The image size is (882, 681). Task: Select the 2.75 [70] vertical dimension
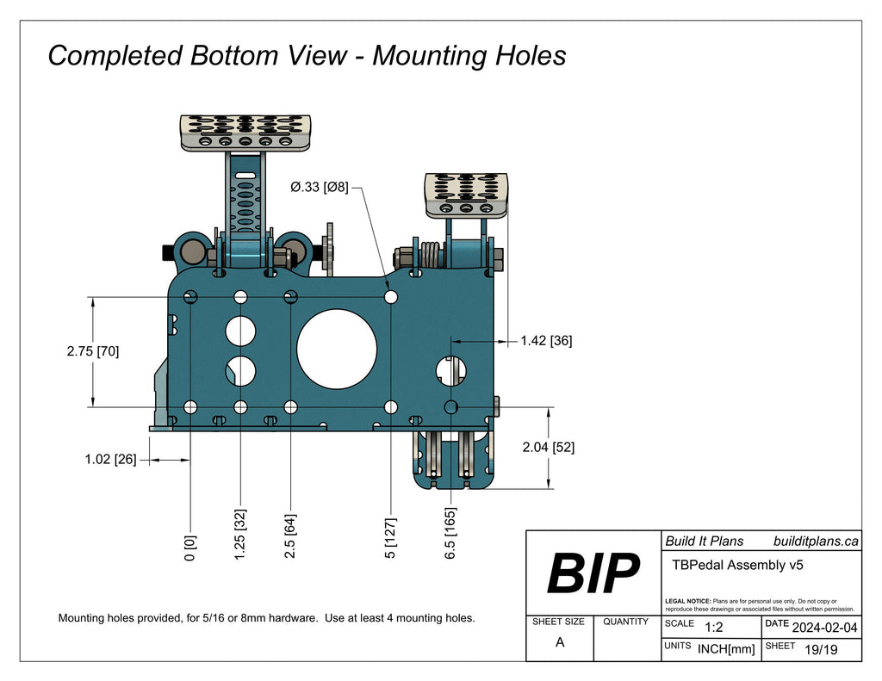pos(92,351)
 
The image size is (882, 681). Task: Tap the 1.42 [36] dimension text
pos(546,341)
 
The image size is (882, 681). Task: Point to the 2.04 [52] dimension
pos(549,448)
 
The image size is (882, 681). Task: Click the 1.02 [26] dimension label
pos(110,460)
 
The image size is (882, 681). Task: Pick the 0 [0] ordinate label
pos(190,548)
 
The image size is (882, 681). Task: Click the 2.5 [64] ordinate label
pos(291,538)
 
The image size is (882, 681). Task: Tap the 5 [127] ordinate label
pos(392,538)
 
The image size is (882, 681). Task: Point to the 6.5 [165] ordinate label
pos(450,536)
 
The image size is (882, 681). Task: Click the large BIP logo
pos(593,573)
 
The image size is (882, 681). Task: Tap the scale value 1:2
pos(713,627)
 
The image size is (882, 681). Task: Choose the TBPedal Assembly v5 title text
pos(736,566)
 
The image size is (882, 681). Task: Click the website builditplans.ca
pos(815,541)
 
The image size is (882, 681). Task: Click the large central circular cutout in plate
pos(337,347)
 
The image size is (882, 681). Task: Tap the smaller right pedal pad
pos(466,195)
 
